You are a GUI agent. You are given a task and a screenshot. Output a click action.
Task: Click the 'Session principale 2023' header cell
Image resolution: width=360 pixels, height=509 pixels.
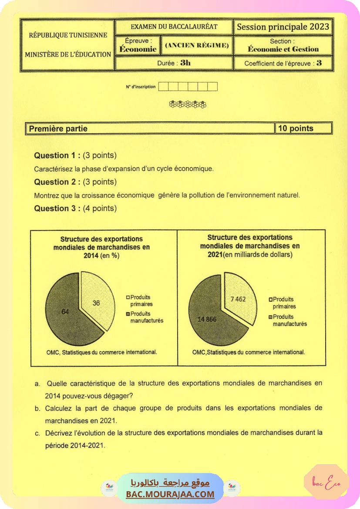pyautogui.click(x=283, y=27)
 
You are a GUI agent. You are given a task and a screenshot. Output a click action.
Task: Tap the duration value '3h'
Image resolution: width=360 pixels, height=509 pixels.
pyautogui.click(x=185, y=63)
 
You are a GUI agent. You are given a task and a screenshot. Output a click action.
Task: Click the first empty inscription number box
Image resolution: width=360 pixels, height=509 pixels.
pyautogui.click(x=163, y=87)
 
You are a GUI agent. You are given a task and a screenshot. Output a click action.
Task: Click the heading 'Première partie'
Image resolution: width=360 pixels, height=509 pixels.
pyautogui.click(x=58, y=128)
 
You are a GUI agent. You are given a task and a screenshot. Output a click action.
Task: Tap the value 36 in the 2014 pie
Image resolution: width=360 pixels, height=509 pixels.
pyautogui.click(x=96, y=303)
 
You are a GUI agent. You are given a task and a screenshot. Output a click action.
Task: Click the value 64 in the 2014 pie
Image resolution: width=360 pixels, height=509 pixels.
pyautogui.click(x=65, y=312)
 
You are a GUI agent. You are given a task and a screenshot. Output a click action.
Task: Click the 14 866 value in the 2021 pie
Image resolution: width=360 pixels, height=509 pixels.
pyautogui.click(x=207, y=320)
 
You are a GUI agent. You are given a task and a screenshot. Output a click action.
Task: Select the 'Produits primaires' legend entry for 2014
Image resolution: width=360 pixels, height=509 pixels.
pyautogui.click(x=141, y=300)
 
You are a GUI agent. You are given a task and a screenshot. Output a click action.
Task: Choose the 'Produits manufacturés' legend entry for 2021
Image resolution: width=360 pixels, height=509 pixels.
pyautogui.click(x=289, y=320)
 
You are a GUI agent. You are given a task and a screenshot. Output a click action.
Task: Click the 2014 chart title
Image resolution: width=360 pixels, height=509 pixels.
pyautogui.click(x=101, y=247)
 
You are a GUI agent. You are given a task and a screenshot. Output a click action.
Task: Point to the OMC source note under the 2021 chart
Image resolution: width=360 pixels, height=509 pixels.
pyautogui.click(x=249, y=352)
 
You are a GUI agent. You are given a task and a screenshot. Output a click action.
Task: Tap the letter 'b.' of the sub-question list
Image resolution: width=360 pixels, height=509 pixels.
pyautogui.click(x=37, y=409)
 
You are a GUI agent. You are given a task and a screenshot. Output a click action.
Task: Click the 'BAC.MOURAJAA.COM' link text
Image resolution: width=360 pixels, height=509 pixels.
pyautogui.click(x=170, y=494)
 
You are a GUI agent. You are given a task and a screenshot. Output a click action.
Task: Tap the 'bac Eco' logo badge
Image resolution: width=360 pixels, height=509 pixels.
pyautogui.click(x=326, y=482)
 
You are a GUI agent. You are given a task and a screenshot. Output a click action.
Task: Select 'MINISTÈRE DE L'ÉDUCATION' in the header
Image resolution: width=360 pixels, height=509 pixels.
pyautogui.click(x=68, y=54)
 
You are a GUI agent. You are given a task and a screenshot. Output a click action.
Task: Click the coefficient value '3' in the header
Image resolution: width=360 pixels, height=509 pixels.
pyautogui.click(x=319, y=63)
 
